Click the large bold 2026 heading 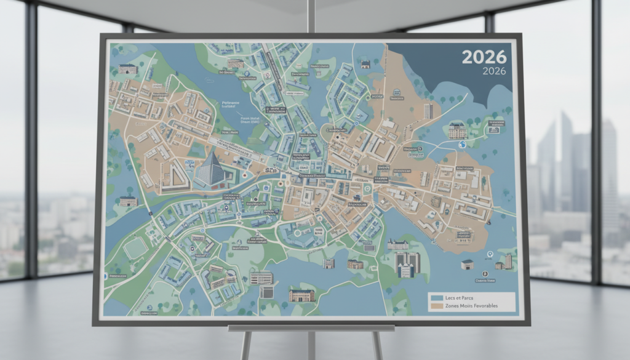click(x=484, y=57)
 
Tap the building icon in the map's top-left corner click(x=127, y=69)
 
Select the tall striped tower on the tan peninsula click(x=428, y=111)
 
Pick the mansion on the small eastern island click(x=456, y=130)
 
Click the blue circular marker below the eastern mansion click(x=461, y=145)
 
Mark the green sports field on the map click(x=135, y=248)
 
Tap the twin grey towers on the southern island click(x=407, y=264)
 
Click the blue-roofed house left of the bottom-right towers click(x=467, y=264)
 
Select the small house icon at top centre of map click(x=365, y=63)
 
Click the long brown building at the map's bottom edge click(x=301, y=295)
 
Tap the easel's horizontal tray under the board click(x=311, y=328)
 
